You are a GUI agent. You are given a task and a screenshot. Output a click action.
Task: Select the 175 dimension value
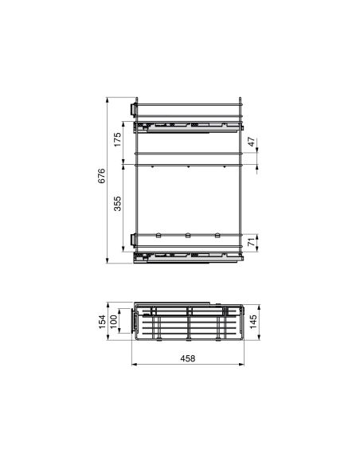tap(116, 142)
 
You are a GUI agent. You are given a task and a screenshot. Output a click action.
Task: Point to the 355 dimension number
tap(116, 204)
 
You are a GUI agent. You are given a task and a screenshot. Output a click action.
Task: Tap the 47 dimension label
tap(252, 143)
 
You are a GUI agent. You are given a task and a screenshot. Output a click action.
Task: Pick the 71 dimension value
tap(252, 243)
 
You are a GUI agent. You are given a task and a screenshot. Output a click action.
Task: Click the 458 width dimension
tap(188, 359)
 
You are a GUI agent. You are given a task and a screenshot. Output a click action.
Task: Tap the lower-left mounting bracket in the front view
tap(133, 240)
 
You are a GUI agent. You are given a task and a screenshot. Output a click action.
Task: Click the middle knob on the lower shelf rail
tap(187, 235)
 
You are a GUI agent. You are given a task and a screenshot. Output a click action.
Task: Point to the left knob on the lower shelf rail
tap(159, 235)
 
